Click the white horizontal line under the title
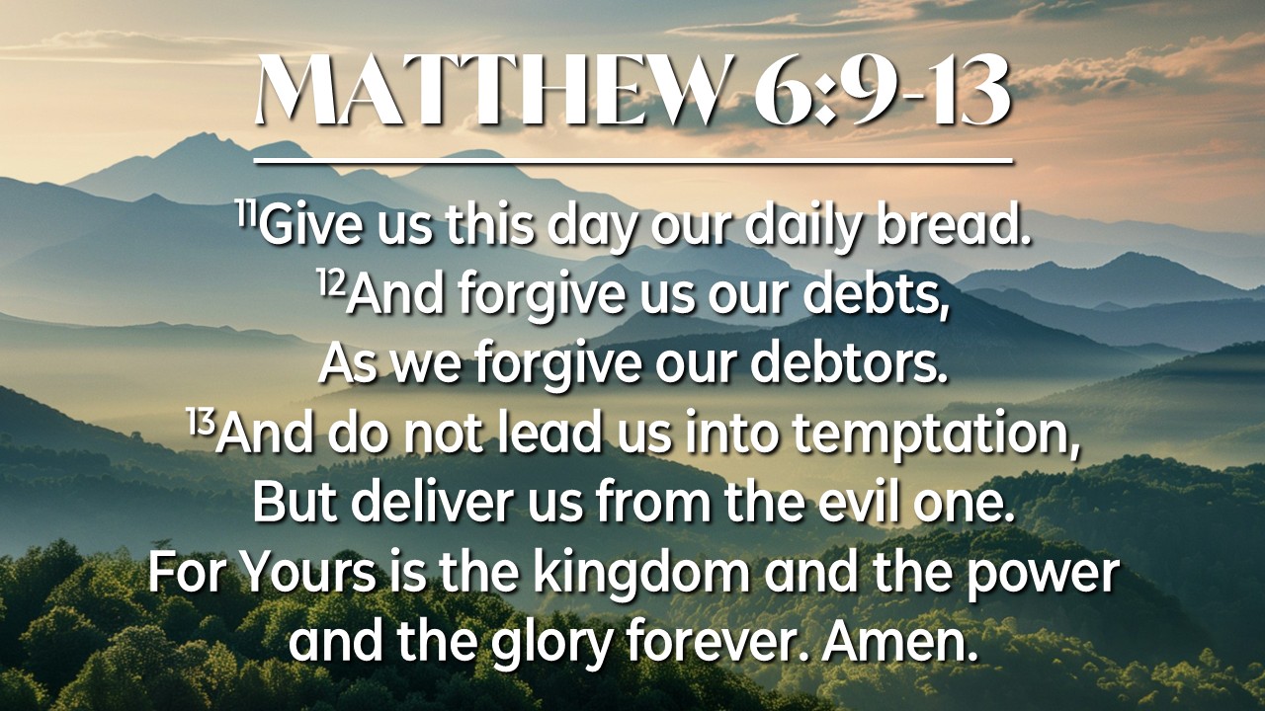pyautogui.click(x=633, y=162)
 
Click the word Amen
pyautogui.click(x=899, y=641)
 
